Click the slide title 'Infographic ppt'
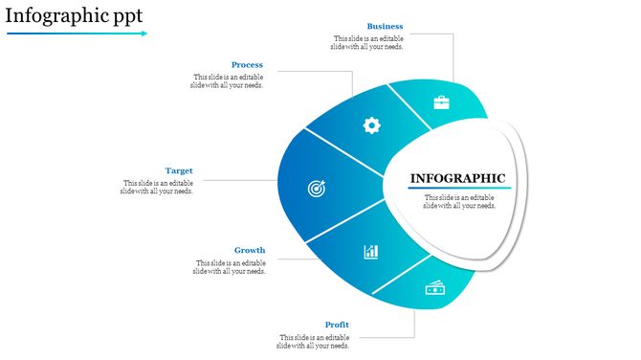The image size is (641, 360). [x=74, y=15]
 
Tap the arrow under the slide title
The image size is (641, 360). [x=77, y=34]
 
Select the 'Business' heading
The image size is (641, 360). [x=385, y=26]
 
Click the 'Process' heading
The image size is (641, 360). [x=247, y=65]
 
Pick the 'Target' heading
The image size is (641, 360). [x=179, y=170]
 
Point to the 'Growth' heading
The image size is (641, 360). [x=250, y=250]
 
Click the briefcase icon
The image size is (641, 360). [x=441, y=102]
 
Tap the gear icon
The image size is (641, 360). [x=371, y=124]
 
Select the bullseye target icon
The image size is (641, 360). [x=316, y=189]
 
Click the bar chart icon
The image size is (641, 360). [x=370, y=252]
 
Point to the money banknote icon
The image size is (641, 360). [x=434, y=288]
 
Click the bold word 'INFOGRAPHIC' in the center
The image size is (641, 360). [x=457, y=178]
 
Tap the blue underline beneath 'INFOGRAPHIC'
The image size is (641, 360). [x=459, y=188]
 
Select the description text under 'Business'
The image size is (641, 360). [x=367, y=42]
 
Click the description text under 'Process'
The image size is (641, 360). [x=228, y=81]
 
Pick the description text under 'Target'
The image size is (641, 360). [x=158, y=187]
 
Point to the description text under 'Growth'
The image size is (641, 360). [x=230, y=267]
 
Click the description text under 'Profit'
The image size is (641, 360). [x=315, y=342]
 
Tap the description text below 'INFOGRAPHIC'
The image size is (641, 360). [x=459, y=201]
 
